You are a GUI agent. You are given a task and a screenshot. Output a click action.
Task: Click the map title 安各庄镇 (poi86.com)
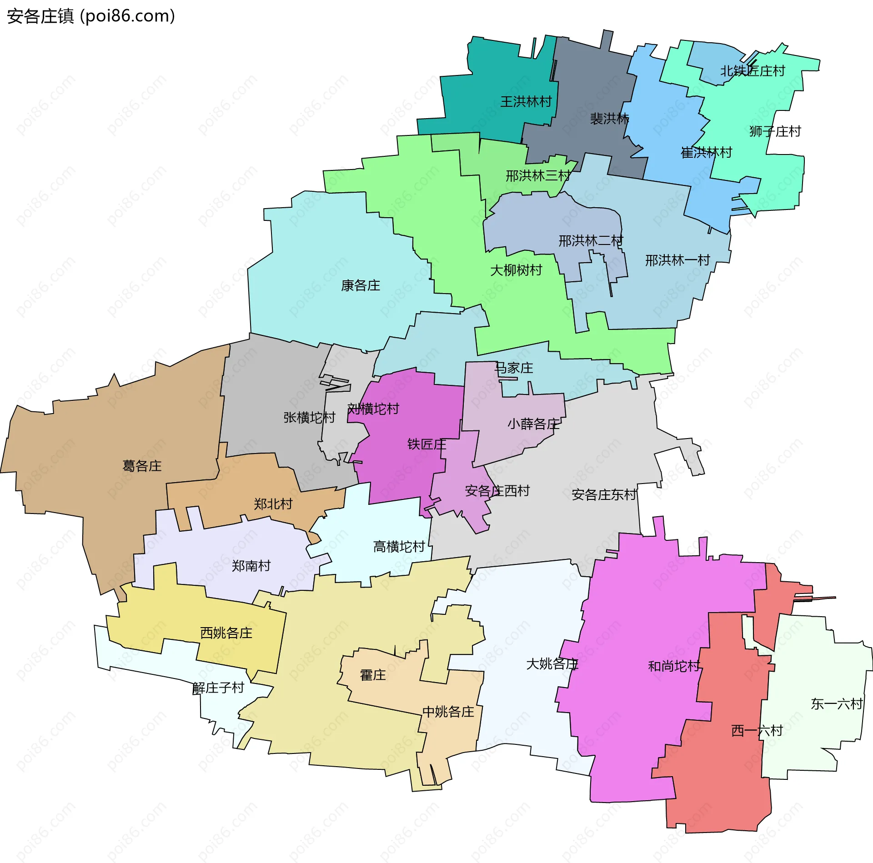91,16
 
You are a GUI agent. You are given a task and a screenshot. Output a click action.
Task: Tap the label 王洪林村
526,101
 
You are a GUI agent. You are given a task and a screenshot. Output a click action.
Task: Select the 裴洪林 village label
609,119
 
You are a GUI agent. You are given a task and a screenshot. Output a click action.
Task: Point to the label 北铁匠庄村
753,71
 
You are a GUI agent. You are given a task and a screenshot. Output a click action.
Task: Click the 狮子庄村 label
775,131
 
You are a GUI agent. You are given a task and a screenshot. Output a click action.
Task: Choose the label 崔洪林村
706,152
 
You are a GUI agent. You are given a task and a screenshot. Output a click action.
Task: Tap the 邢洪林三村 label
538,175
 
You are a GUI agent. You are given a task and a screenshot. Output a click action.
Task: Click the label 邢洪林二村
591,240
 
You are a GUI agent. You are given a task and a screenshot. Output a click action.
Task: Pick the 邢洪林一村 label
677,260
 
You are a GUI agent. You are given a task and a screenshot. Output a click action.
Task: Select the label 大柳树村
516,270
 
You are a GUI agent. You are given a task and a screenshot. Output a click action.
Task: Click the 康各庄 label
361,285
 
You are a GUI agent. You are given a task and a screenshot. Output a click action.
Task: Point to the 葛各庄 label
142,466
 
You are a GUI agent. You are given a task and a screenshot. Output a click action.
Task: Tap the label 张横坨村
309,417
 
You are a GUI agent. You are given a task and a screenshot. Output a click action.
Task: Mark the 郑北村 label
273,504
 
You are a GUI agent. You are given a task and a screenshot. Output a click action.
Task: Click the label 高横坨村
399,546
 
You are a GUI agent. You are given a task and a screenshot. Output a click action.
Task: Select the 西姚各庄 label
226,633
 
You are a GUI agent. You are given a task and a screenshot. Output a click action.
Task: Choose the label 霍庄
373,675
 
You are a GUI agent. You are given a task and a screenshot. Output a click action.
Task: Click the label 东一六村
837,704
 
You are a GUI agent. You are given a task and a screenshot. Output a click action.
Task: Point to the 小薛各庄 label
533,424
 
